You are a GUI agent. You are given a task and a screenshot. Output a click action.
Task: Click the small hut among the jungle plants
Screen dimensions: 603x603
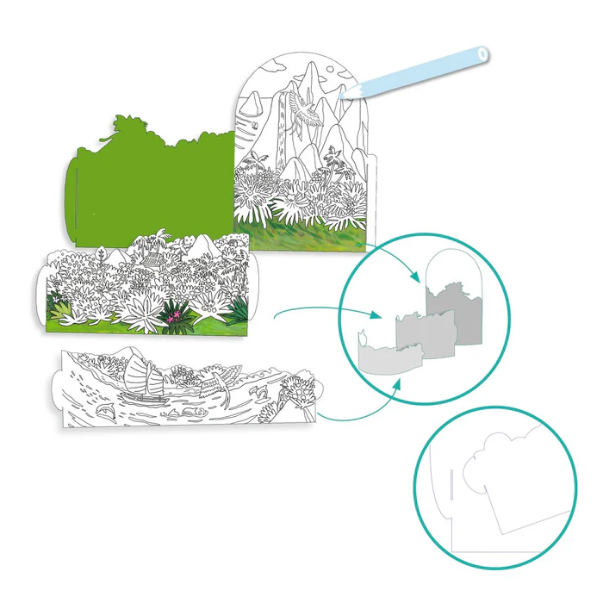[152, 258]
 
